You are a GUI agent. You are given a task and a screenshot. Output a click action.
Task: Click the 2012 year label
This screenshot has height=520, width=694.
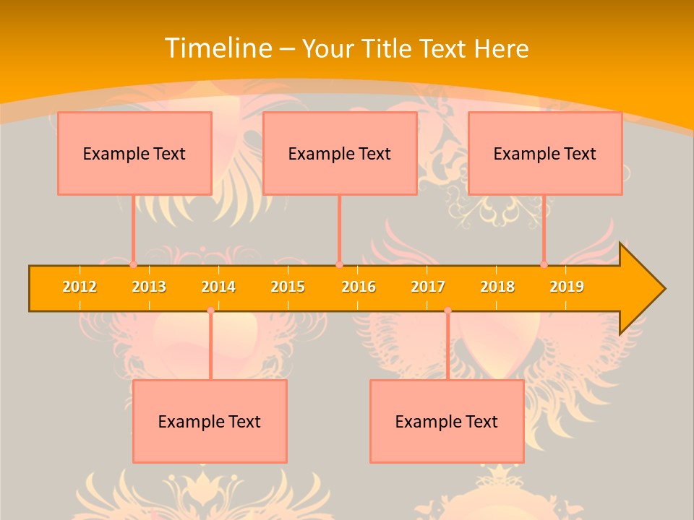coord(80,287)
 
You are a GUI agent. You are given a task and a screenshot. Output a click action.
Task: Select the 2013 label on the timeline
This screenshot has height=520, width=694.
coord(149,287)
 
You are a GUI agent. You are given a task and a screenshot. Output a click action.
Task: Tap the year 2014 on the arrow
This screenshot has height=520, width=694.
coord(218,287)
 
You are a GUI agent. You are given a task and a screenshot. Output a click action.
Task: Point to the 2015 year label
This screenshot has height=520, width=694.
coord(288,287)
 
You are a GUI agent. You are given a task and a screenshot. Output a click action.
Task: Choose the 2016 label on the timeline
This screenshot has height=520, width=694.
coord(359,287)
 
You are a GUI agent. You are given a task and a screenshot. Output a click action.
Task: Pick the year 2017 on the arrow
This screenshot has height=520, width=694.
coord(428,287)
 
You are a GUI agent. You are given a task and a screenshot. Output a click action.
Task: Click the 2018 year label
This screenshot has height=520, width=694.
coord(497,287)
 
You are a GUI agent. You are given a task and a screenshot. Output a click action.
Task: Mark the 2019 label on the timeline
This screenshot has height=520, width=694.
coord(567,287)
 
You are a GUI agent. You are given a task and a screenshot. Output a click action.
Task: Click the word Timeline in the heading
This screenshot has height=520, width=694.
coord(218,48)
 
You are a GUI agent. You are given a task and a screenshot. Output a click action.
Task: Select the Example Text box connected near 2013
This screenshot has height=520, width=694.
coord(134,153)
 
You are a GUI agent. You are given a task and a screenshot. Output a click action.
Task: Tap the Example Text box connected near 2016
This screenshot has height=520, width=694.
coord(340,153)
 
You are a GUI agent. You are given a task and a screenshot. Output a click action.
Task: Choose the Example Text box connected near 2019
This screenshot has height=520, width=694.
coord(545,153)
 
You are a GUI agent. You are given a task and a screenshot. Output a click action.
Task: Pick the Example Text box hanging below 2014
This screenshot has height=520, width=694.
coord(210,421)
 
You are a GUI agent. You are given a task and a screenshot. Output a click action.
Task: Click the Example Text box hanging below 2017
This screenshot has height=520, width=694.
coord(447,421)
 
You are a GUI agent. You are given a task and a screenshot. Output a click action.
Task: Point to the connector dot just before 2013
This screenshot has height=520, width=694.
coord(133,265)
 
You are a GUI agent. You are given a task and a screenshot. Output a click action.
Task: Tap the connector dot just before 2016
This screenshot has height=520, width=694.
coord(339,265)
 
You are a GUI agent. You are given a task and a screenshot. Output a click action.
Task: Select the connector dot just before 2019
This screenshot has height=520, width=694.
coord(544,265)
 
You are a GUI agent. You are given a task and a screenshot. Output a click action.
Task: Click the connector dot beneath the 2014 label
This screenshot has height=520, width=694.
coord(210,311)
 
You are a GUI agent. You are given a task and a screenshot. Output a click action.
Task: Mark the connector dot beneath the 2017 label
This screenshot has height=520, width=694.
coord(447,311)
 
